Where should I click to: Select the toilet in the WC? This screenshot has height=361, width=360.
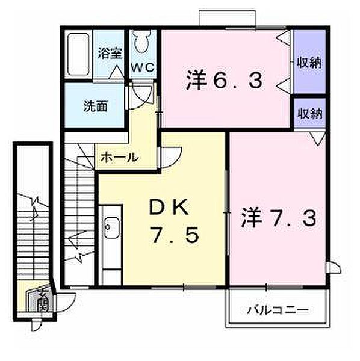tap(141, 43)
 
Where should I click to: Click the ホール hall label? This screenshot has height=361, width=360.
tap(119, 158)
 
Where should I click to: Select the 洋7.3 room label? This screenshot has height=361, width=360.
tap(279, 217)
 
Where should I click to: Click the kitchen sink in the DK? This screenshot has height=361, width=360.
tap(111, 227)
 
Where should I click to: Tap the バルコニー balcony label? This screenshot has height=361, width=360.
tap(278, 310)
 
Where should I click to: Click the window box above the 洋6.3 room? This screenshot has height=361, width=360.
tap(229, 17)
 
